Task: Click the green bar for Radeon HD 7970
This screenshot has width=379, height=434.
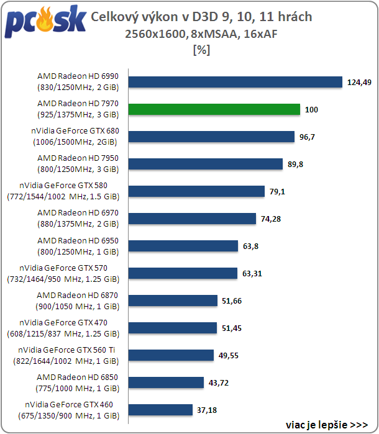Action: click(214, 109)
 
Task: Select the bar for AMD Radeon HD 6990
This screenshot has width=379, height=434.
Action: click(235, 82)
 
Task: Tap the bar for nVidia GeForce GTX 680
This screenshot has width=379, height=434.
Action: click(211, 137)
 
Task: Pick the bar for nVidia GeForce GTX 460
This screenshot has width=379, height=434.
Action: click(160, 410)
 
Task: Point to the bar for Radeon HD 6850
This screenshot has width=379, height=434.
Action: click(166, 382)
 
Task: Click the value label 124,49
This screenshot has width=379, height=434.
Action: click(359, 83)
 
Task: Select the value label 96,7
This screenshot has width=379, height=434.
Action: click(307, 137)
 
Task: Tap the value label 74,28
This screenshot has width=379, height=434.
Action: click(271, 219)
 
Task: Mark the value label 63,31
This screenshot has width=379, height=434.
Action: click(252, 273)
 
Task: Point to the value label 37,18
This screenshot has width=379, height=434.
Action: click(207, 410)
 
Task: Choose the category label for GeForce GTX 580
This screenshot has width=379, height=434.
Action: click(63, 191)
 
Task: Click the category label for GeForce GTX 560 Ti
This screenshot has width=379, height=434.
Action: click(66, 355)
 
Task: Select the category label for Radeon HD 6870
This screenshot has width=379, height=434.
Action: click(78, 301)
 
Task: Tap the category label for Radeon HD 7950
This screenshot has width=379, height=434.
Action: click(78, 163)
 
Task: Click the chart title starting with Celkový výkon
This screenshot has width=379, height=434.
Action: click(201, 17)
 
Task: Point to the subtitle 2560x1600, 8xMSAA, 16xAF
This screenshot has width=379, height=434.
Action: click(201, 34)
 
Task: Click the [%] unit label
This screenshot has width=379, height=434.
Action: click(202, 50)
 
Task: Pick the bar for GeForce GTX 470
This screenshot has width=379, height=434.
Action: click(173, 328)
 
